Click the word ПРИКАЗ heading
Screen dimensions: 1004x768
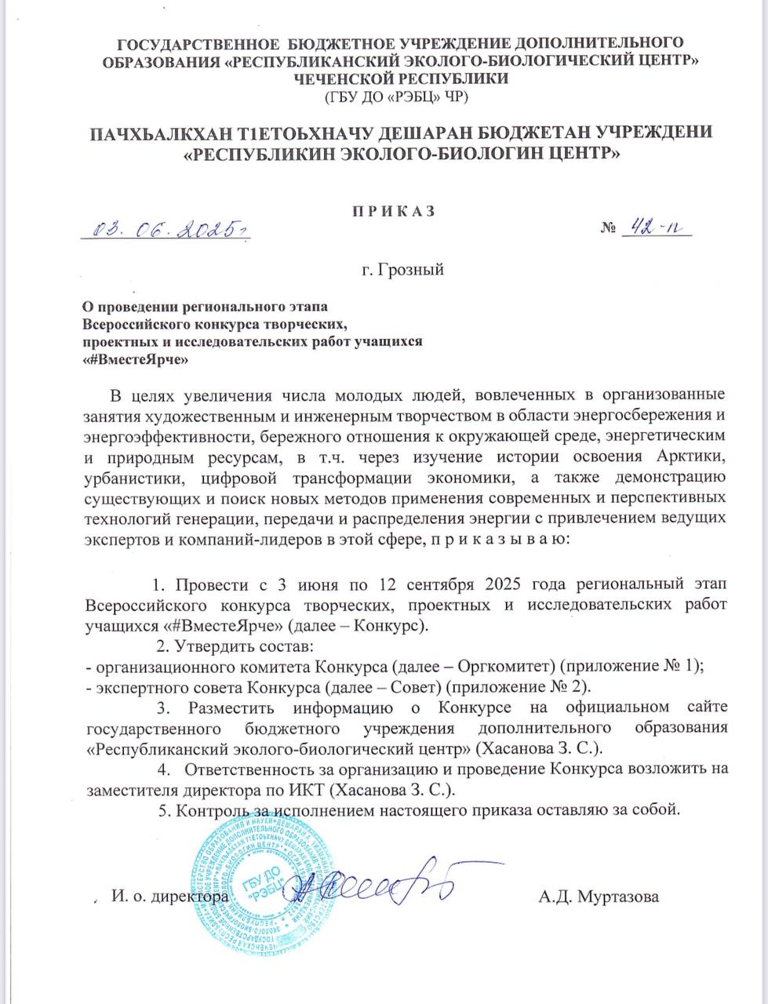pos(384,210)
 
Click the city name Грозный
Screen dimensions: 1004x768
pos(398,271)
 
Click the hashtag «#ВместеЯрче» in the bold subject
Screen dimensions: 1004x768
pos(138,358)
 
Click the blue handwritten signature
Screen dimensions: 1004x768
pos(369,886)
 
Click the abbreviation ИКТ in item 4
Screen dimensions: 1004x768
pos(378,789)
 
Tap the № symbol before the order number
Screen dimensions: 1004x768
pos(608,228)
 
